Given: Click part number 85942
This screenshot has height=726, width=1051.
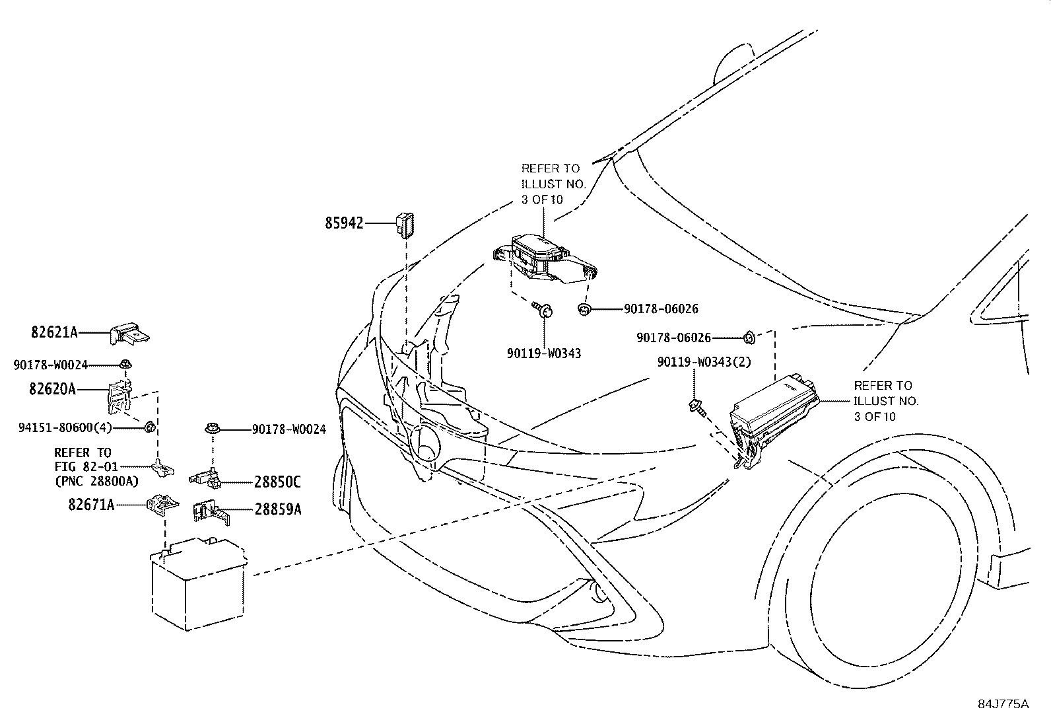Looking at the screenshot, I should [343, 224].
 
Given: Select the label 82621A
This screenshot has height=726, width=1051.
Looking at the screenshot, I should [54, 332].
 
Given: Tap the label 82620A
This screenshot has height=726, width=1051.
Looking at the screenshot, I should [52, 389].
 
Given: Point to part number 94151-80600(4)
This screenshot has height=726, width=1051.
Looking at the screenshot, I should [65, 427].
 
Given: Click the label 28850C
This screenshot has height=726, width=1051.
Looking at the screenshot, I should [277, 482].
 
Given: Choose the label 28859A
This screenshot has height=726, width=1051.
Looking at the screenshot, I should [278, 509].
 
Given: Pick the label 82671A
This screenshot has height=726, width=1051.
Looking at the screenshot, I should [90, 505].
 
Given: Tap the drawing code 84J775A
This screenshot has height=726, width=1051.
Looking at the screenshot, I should [1003, 704].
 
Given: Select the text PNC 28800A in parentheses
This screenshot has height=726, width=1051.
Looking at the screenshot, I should [96, 480].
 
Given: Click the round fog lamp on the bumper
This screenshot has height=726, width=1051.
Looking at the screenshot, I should [599, 591].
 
